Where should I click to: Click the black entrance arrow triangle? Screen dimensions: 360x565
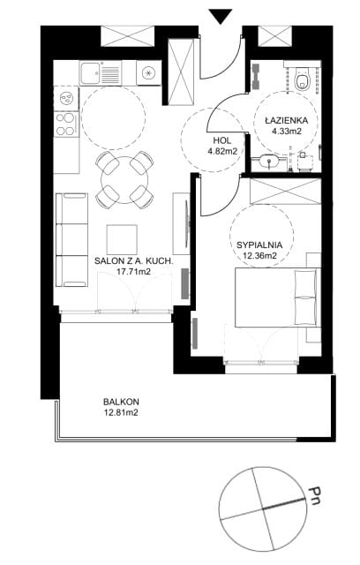221,17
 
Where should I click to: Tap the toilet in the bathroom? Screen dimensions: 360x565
302,79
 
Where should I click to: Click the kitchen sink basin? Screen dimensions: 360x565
90,72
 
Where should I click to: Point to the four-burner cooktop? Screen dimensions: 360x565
65,124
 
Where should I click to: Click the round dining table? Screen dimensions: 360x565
124,180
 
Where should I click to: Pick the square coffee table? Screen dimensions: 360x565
122,239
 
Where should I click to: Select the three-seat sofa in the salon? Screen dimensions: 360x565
72,240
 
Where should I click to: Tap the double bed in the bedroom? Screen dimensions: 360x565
278,298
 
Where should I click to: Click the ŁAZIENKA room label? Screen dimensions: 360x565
287,121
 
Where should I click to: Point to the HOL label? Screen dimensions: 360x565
222,141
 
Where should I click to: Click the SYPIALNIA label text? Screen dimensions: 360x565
259,245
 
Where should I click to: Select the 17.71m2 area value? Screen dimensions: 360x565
133,272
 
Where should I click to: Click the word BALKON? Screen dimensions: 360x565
121,402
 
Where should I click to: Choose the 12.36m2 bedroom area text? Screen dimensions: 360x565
259,256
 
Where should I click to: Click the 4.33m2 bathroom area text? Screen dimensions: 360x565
287,132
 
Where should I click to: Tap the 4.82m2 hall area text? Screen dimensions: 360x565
222,151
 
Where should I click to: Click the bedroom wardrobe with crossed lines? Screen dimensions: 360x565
285,191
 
